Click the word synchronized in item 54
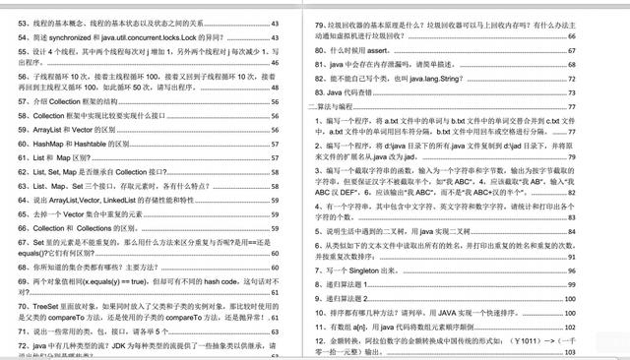93,35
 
